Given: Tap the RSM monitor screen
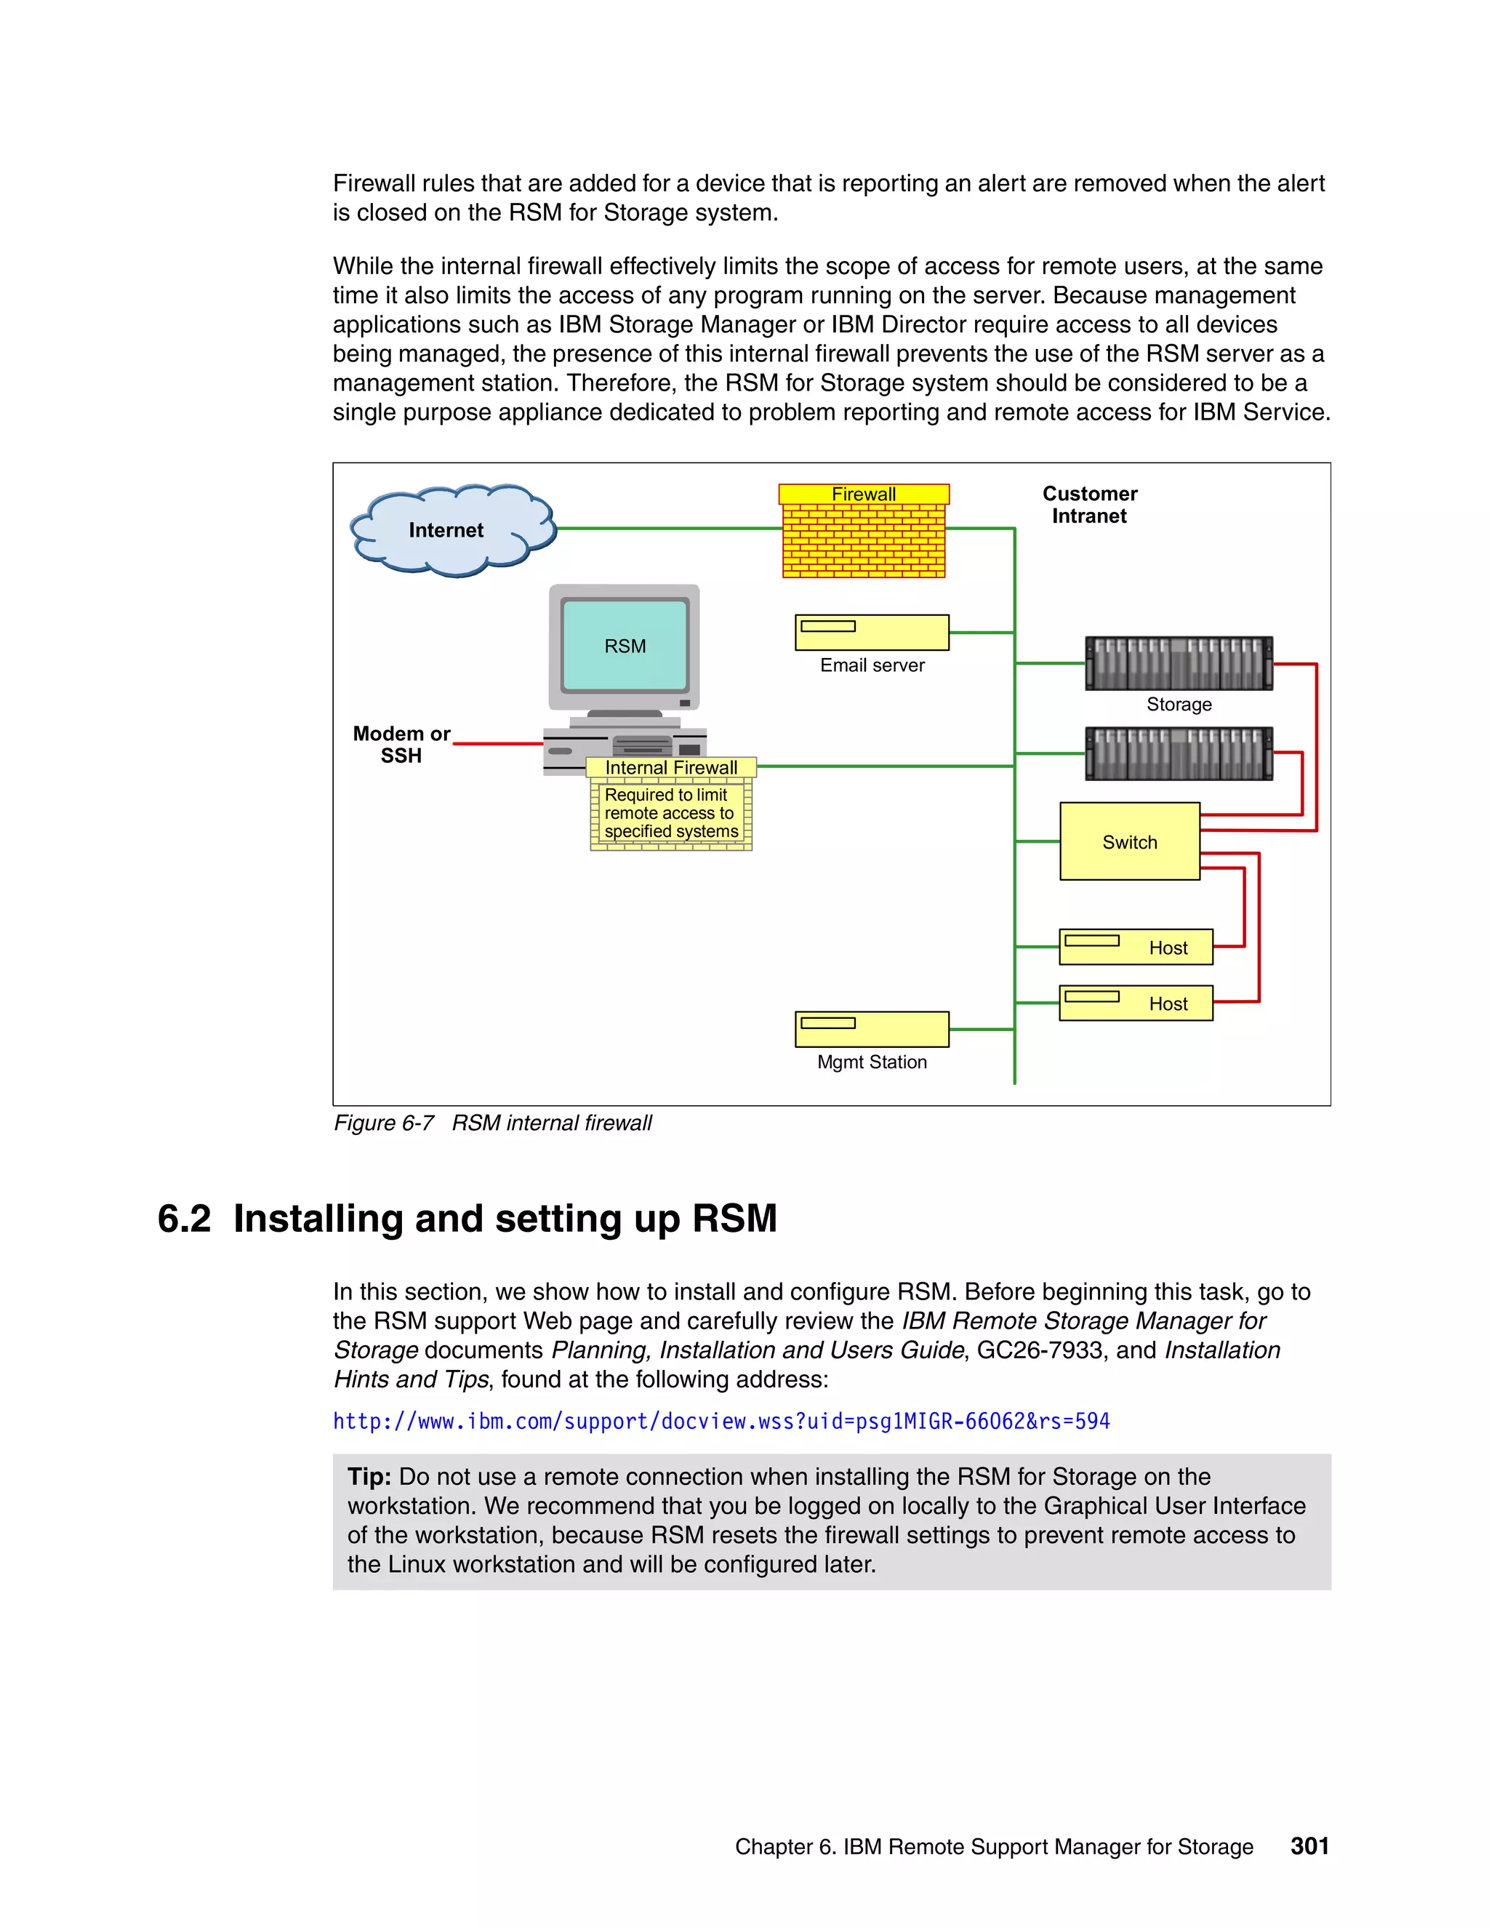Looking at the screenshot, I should point(625,645).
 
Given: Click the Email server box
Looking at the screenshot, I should point(872,632).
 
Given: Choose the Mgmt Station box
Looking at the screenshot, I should point(872,1029).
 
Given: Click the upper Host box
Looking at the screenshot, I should point(1135,947).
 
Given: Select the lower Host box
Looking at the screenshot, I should point(1135,1003).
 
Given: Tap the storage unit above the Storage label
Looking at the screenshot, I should point(1179,662).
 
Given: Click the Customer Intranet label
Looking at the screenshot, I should point(1089,505).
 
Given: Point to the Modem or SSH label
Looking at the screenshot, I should point(401,745).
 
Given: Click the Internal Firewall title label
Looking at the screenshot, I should point(670,768).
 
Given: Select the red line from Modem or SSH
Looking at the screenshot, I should point(498,744).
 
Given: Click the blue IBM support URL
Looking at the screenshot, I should point(721,1422).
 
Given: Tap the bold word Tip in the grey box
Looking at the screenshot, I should point(369,1477).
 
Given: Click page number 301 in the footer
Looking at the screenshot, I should point(1309,1846).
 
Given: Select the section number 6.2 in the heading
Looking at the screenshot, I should point(185,1219).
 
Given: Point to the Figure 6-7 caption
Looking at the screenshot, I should point(492,1123).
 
